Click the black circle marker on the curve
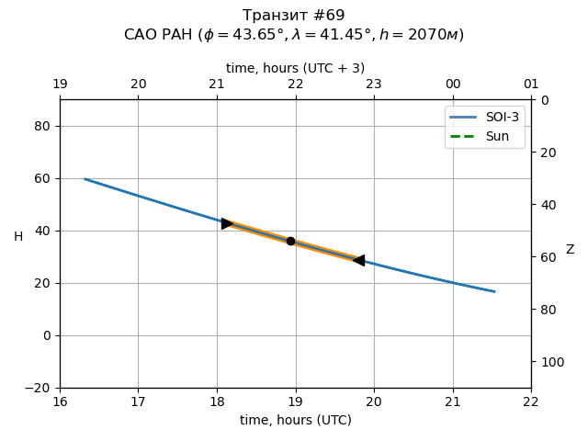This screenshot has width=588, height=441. (x=290, y=241)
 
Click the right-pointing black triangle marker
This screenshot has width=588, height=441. (x=227, y=223)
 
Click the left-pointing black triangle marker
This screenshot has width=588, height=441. (x=358, y=261)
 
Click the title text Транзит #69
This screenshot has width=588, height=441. (x=294, y=16)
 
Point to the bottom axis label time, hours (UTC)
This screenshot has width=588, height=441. (x=295, y=420)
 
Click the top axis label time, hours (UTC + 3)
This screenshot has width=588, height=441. (x=295, y=68)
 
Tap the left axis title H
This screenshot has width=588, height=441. (x=18, y=237)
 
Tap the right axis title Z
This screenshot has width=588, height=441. (x=570, y=250)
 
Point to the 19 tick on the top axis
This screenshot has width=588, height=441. (x=60, y=85)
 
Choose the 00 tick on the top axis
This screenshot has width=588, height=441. (x=453, y=85)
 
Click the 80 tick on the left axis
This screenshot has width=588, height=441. (x=41, y=126)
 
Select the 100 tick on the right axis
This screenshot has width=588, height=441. (x=550, y=362)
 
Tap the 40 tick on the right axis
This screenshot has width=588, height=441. (x=548, y=205)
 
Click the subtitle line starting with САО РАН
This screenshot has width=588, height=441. (x=294, y=35)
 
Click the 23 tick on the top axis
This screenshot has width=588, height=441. (x=374, y=85)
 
